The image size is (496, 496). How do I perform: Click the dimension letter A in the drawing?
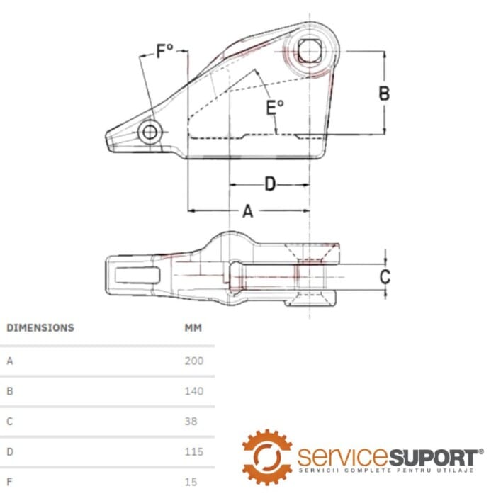(x=247, y=211)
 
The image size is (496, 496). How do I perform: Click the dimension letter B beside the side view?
(x=383, y=94)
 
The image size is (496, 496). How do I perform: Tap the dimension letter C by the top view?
(x=384, y=276)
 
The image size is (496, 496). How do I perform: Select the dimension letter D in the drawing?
(x=270, y=184)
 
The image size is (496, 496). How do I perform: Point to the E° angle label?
(x=274, y=108)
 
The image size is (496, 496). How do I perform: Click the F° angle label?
(x=165, y=52)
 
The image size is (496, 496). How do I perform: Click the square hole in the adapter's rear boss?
(x=308, y=51)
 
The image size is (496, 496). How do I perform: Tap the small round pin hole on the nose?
(x=150, y=133)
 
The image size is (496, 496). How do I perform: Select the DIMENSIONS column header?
(x=40, y=328)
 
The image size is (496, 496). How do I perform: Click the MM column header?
(x=193, y=328)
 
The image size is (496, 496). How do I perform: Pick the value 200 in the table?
(x=193, y=361)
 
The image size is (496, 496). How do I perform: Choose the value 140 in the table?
(x=193, y=391)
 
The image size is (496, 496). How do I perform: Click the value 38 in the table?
(x=191, y=421)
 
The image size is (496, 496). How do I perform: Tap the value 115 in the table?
(x=193, y=451)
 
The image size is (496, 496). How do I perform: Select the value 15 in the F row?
(x=190, y=482)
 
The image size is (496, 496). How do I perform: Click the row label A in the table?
(x=10, y=361)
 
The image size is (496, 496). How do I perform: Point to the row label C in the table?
(x=10, y=421)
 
